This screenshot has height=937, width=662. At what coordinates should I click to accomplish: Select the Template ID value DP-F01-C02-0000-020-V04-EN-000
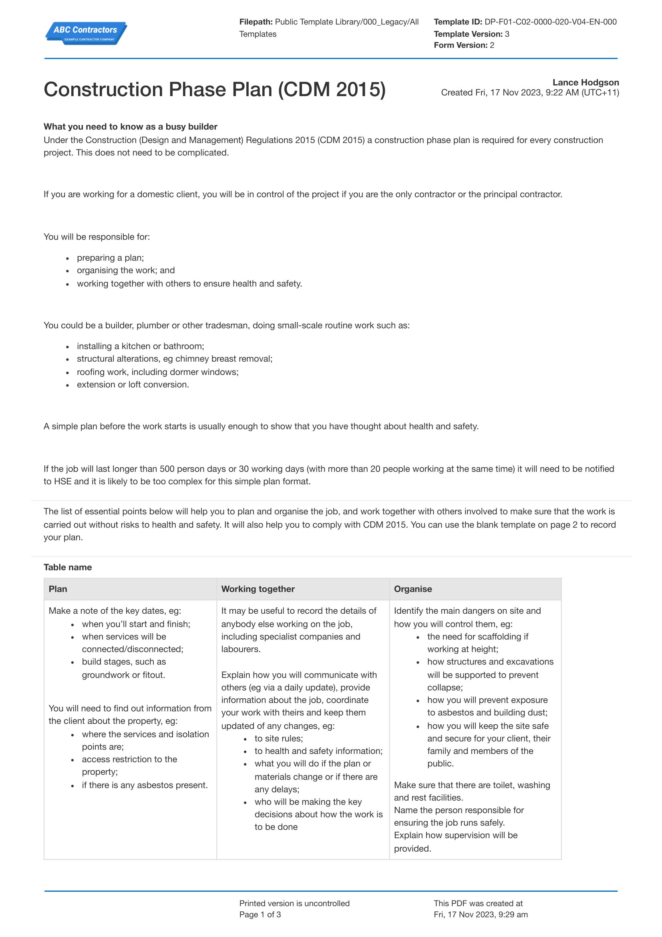point(550,22)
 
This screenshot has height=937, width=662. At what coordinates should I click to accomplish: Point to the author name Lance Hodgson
point(586,83)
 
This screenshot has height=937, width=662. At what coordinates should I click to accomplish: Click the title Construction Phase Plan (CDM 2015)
point(215,89)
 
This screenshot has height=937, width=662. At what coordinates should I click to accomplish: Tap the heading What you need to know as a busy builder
point(131,127)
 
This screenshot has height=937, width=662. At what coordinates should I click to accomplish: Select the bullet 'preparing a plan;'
point(110,258)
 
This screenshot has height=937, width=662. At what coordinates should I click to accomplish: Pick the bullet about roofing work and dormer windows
point(157,372)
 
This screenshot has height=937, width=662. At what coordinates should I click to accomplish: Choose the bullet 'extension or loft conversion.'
point(133,385)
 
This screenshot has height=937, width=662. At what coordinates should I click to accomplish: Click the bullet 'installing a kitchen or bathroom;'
point(140,347)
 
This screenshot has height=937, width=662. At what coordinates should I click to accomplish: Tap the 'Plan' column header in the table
point(58,589)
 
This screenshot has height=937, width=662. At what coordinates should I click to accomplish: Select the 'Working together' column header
point(258,589)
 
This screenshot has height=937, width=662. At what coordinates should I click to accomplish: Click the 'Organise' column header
point(413,589)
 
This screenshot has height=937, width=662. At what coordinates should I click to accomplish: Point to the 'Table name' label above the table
point(68,567)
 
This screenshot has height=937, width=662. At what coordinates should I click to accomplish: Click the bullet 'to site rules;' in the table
point(279,739)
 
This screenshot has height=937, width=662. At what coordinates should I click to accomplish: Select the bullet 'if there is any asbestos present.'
point(145,785)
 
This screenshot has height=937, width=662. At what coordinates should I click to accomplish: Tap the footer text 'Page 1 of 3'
point(260,915)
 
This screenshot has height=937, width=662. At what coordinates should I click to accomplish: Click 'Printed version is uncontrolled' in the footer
point(294,903)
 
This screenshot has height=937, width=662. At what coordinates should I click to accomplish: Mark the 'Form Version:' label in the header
point(461,45)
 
